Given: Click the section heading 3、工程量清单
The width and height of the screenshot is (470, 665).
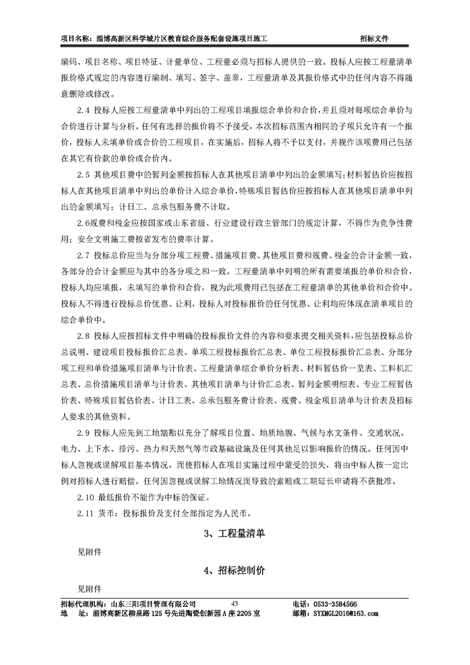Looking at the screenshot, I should [x=235, y=533].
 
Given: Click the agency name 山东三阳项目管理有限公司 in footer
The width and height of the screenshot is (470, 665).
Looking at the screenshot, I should [x=145, y=603].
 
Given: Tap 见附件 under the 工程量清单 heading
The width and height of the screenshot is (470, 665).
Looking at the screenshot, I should [x=89, y=552].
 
